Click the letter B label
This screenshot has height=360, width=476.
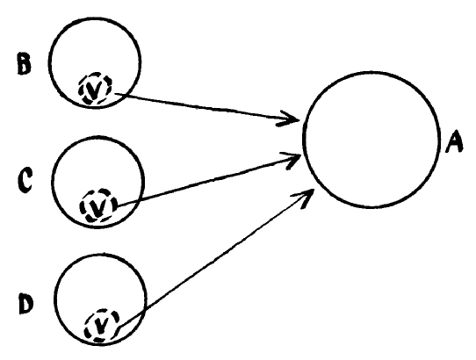click(24, 63)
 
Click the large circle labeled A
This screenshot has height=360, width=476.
click(304, 140)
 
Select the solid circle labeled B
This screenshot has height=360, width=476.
click(49, 62)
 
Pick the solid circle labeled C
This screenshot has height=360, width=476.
click(52, 182)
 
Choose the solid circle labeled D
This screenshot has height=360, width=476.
click(55, 299)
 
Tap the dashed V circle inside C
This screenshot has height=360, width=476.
click(81, 205)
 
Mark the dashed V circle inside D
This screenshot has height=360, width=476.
click(85, 326)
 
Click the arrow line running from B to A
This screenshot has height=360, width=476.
click(206, 107)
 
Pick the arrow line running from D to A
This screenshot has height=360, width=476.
click(215, 260)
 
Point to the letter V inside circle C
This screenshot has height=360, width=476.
click(97, 207)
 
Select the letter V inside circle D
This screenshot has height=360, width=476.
click(102, 326)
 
